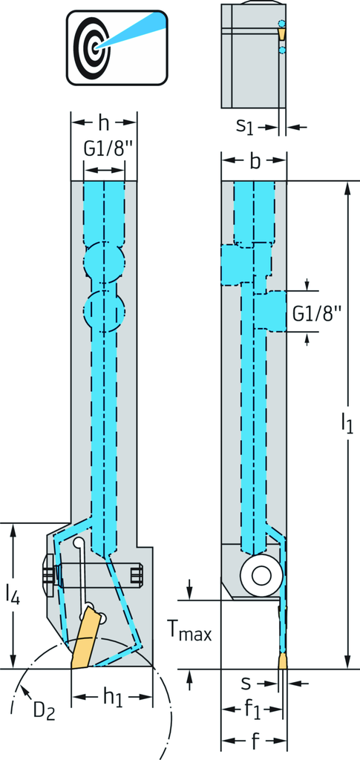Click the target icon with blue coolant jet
[x=117, y=47]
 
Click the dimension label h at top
[x=104, y=124]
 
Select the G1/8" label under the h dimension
[x=104, y=150]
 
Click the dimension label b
[x=254, y=162]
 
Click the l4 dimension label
[x=13, y=594]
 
